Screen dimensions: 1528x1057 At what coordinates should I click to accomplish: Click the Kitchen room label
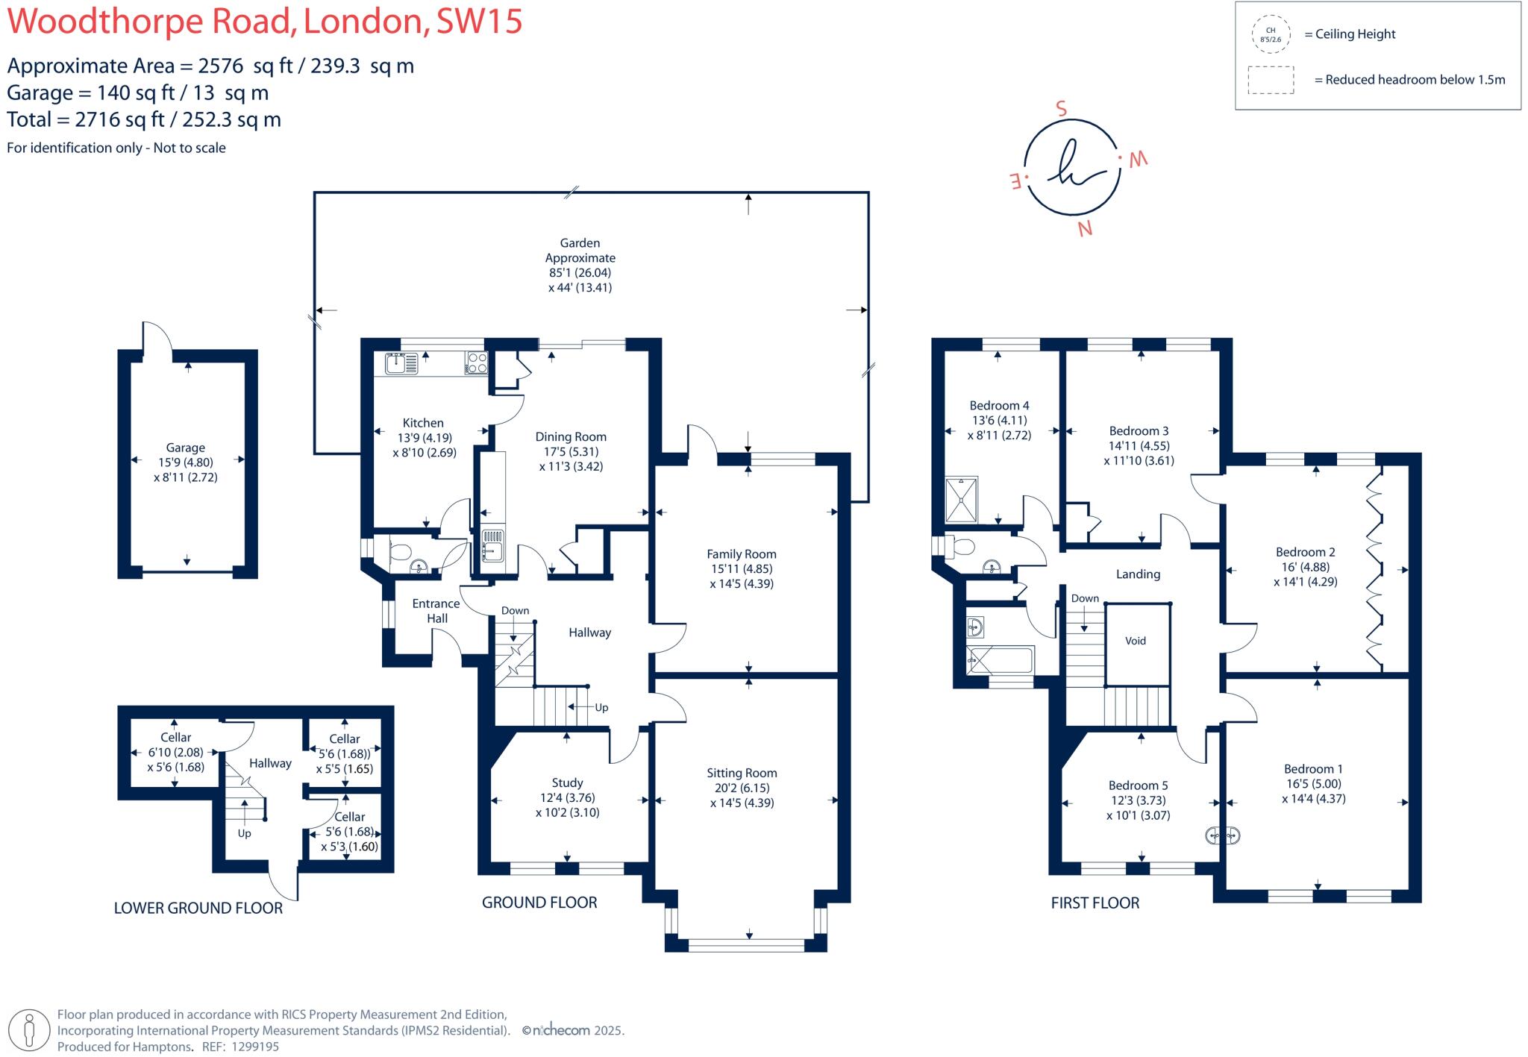[423, 423]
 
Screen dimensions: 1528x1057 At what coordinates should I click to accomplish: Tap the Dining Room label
[571, 437]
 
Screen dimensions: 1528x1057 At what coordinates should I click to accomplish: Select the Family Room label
[742, 554]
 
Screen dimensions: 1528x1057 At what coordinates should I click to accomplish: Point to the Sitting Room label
[742, 774]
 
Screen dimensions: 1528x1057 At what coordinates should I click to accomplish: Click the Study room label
[567, 783]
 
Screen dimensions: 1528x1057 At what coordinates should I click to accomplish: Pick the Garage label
[185, 448]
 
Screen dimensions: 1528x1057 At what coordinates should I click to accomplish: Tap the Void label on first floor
[1136, 641]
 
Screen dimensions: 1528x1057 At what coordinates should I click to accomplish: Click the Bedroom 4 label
[999, 406]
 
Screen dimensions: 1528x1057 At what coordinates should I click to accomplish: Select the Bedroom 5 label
[1138, 785]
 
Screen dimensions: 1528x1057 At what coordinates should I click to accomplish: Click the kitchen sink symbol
[401, 363]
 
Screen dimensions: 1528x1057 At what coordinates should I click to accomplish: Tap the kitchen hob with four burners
[477, 363]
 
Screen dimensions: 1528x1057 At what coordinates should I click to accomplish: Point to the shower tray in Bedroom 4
[961, 500]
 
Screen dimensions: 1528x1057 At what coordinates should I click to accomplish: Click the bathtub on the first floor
[1001, 660]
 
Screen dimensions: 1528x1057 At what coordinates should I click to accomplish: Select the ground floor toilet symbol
[400, 553]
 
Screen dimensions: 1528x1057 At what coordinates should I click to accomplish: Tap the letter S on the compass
[1061, 109]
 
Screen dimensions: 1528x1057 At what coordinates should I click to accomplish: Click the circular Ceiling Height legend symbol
[1271, 34]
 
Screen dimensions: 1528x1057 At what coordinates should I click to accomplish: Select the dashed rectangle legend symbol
[1271, 80]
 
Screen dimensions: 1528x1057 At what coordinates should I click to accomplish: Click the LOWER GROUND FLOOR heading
[198, 908]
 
